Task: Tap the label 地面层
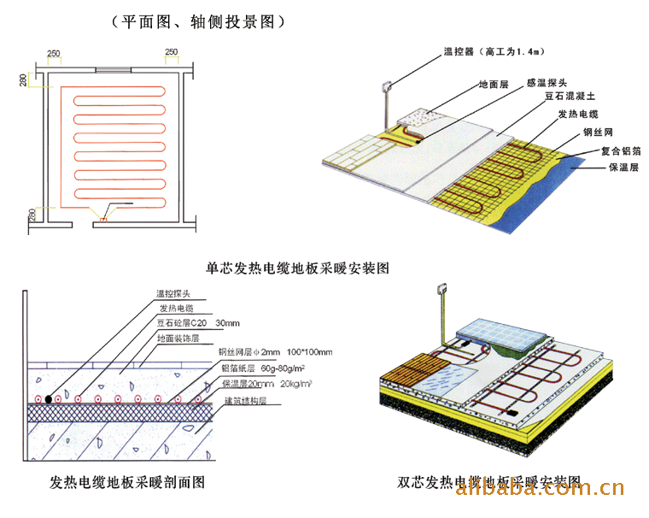[493, 85]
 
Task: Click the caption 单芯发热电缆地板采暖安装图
[298, 268]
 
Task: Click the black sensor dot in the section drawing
[50, 399]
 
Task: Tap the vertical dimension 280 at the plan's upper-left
[23, 81]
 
